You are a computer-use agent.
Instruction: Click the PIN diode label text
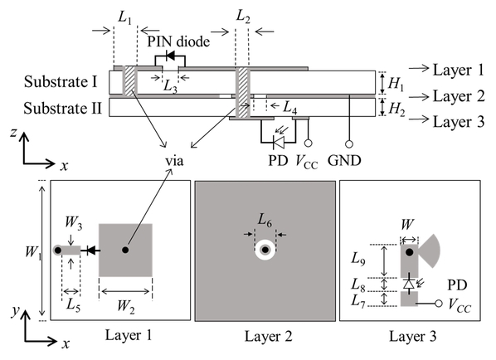tap(178, 41)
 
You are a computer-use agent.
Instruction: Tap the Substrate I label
tap(61, 81)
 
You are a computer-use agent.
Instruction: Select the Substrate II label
tap(63, 109)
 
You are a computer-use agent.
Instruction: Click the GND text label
tap(344, 161)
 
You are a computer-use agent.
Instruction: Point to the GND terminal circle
tap(349, 144)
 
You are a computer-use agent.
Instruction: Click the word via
tap(174, 161)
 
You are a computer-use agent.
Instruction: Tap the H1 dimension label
tap(396, 84)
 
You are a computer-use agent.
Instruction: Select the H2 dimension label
tap(396, 109)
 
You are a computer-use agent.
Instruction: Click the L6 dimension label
tap(265, 220)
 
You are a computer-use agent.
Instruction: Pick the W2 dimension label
tap(126, 307)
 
